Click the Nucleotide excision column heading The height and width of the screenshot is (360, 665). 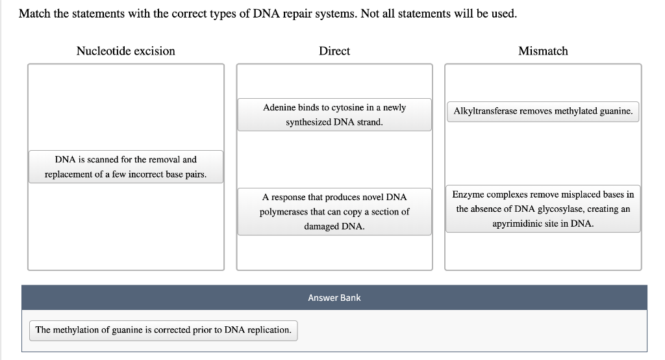click(125, 51)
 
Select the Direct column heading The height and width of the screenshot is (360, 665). click(334, 51)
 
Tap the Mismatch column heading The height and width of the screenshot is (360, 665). click(543, 51)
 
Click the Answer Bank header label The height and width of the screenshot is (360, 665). click(334, 298)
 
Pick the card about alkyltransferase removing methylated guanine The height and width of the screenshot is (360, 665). click(543, 111)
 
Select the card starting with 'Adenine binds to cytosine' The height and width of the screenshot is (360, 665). click(334, 114)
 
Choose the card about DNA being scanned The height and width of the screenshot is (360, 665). click(125, 167)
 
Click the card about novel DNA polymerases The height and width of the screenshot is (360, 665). click(334, 212)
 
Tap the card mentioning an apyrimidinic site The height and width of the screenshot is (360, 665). click(543, 209)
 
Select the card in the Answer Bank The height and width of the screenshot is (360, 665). click(163, 330)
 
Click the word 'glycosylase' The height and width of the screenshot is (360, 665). click(563, 209)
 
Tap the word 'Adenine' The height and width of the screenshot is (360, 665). click(279, 107)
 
